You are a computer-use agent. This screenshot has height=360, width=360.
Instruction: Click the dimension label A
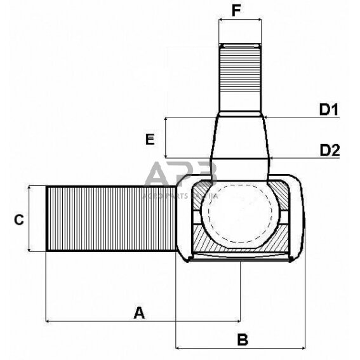click(x=140, y=312)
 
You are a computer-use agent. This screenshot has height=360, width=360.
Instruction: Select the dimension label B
click(x=242, y=339)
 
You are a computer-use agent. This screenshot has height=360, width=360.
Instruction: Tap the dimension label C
click(x=18, y=220)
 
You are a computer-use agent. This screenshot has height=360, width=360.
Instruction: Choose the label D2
click(x=330, y=150)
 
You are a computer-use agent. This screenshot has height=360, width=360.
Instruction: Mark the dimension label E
click(x=150, y=140)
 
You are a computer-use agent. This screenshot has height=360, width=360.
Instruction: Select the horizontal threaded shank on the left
click(x=111, y=219)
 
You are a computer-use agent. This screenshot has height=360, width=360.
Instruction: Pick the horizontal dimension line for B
click(x=241, y=348)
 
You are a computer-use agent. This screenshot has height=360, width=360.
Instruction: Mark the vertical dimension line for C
click(x=30, y=219)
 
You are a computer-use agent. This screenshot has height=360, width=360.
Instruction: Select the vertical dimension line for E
click(x=166, y=137)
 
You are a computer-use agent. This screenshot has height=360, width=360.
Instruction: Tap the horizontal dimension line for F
click(x=240, y=20)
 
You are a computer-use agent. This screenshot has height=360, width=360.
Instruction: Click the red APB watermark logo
click(x=181, y=176)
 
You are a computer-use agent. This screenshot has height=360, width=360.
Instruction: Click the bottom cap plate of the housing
click(x=242, y=257)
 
